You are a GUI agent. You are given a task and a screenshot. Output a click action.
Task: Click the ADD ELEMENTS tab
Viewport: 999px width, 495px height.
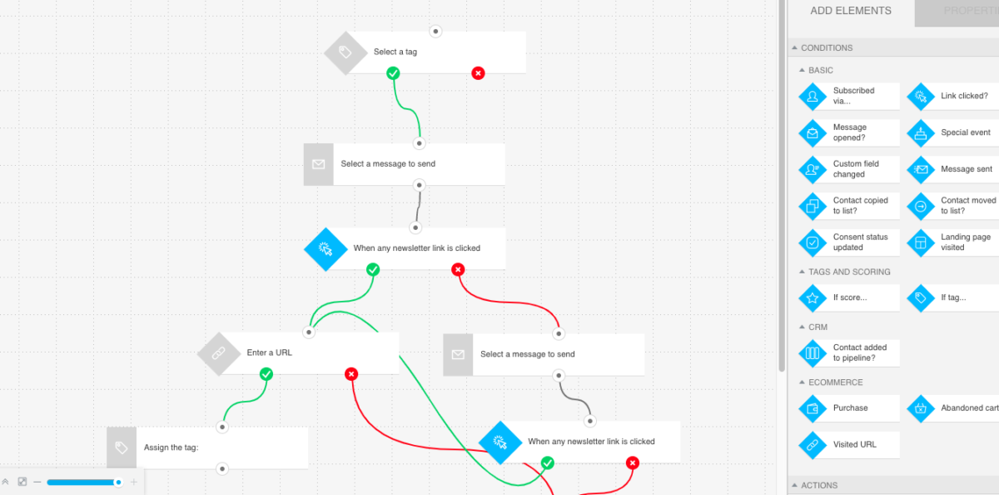[x=850, y=12]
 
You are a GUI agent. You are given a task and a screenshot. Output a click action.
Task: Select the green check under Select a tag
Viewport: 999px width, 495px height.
[x=393, y=73]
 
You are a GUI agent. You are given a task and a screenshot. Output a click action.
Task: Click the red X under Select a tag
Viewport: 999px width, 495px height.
[x=478, y=73]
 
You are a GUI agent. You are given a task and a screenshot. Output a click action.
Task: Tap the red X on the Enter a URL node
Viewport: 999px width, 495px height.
[x=351, y=374]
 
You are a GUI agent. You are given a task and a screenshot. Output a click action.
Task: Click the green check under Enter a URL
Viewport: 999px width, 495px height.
[x=266, y=374]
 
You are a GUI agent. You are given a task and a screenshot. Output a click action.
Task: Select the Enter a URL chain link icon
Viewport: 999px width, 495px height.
[x=218, y=353]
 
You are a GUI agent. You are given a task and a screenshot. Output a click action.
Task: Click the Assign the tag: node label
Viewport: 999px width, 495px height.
[x=171, y=447]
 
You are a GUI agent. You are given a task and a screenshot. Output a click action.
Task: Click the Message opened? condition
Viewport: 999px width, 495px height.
[x=849, y=132]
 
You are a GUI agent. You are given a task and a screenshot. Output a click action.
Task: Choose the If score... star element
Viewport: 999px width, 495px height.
[x=849, y=297]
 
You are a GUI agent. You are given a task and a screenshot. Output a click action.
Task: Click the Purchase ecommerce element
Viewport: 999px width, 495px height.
[x=849, y=408]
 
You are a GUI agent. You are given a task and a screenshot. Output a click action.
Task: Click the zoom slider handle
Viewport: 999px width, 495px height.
[x=118, y=482]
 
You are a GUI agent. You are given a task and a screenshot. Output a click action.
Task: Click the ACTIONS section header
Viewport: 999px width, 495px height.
[x=819, y=485]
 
